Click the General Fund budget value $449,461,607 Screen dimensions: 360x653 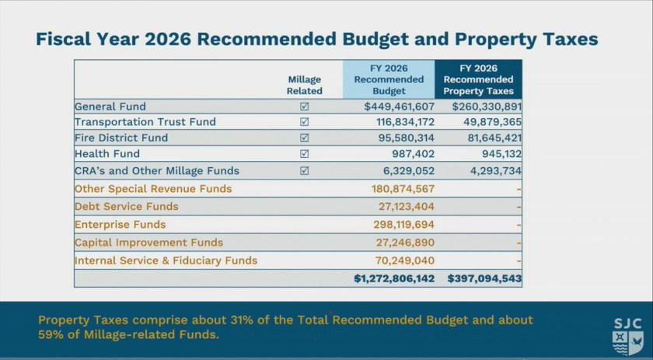pos(399,107)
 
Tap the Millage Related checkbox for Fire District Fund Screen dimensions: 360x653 pos(305,138)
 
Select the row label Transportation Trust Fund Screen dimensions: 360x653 pos(145,122)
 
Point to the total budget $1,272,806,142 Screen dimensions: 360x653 pos(394,278)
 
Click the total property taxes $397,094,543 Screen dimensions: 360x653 pos(484,278)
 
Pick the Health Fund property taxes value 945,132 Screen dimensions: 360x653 pos(498,154)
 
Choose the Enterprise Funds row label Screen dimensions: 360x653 pos(120,225)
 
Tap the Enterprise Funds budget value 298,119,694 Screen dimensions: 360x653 pos(403,225)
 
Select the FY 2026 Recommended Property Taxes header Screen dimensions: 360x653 pos(478,79)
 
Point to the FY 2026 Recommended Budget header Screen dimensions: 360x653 pos(389,79)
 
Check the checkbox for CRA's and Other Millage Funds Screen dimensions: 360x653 pos(305,170)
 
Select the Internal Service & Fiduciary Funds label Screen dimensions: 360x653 pos(166,260)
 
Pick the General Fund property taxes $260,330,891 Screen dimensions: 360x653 pos(486,107)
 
